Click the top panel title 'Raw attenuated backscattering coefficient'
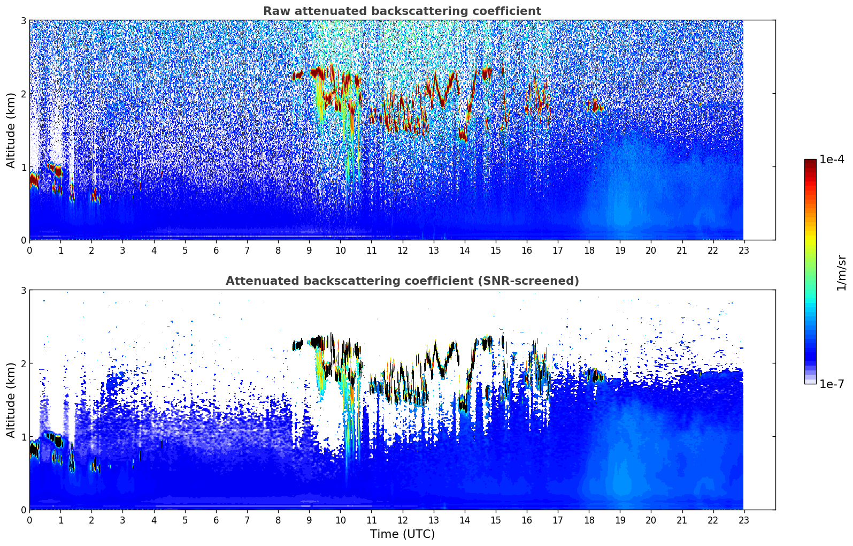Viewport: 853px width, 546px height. click(x=402, y=11)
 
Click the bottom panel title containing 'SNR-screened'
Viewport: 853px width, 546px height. click(x=402, y=281)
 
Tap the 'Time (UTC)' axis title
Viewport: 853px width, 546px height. click(x=402, y=534)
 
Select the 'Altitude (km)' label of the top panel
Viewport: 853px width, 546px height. click(x=11, y=131)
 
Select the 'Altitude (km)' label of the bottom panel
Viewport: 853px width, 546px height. click(x=11, y=400)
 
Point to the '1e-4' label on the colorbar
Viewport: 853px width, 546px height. click(x=832, y=160)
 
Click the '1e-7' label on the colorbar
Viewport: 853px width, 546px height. click(x=832, y=384)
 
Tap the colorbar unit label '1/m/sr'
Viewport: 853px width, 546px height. click(x=841, y=273)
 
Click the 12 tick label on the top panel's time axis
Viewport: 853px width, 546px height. click(x=403, y=251)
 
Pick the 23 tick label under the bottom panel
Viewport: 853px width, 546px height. click(x=744, y=520)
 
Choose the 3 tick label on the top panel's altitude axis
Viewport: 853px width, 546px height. click(x=23, y=20)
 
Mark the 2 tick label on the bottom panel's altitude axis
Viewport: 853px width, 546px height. click(x=23, y=363)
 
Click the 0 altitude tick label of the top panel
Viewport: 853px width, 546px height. click(x=23, y=240)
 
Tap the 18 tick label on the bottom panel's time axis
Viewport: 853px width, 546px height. click(x=589, y=520)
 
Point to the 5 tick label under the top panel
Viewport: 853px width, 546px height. click(x=185, y=251)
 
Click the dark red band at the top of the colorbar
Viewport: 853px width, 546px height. click(x=810, y=162)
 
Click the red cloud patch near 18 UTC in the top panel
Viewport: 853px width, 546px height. click(x=594, y=106)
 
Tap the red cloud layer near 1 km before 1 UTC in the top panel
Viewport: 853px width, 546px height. click(x=54, y=169)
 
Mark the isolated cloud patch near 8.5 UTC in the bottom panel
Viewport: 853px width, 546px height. click(x=297, y=345)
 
